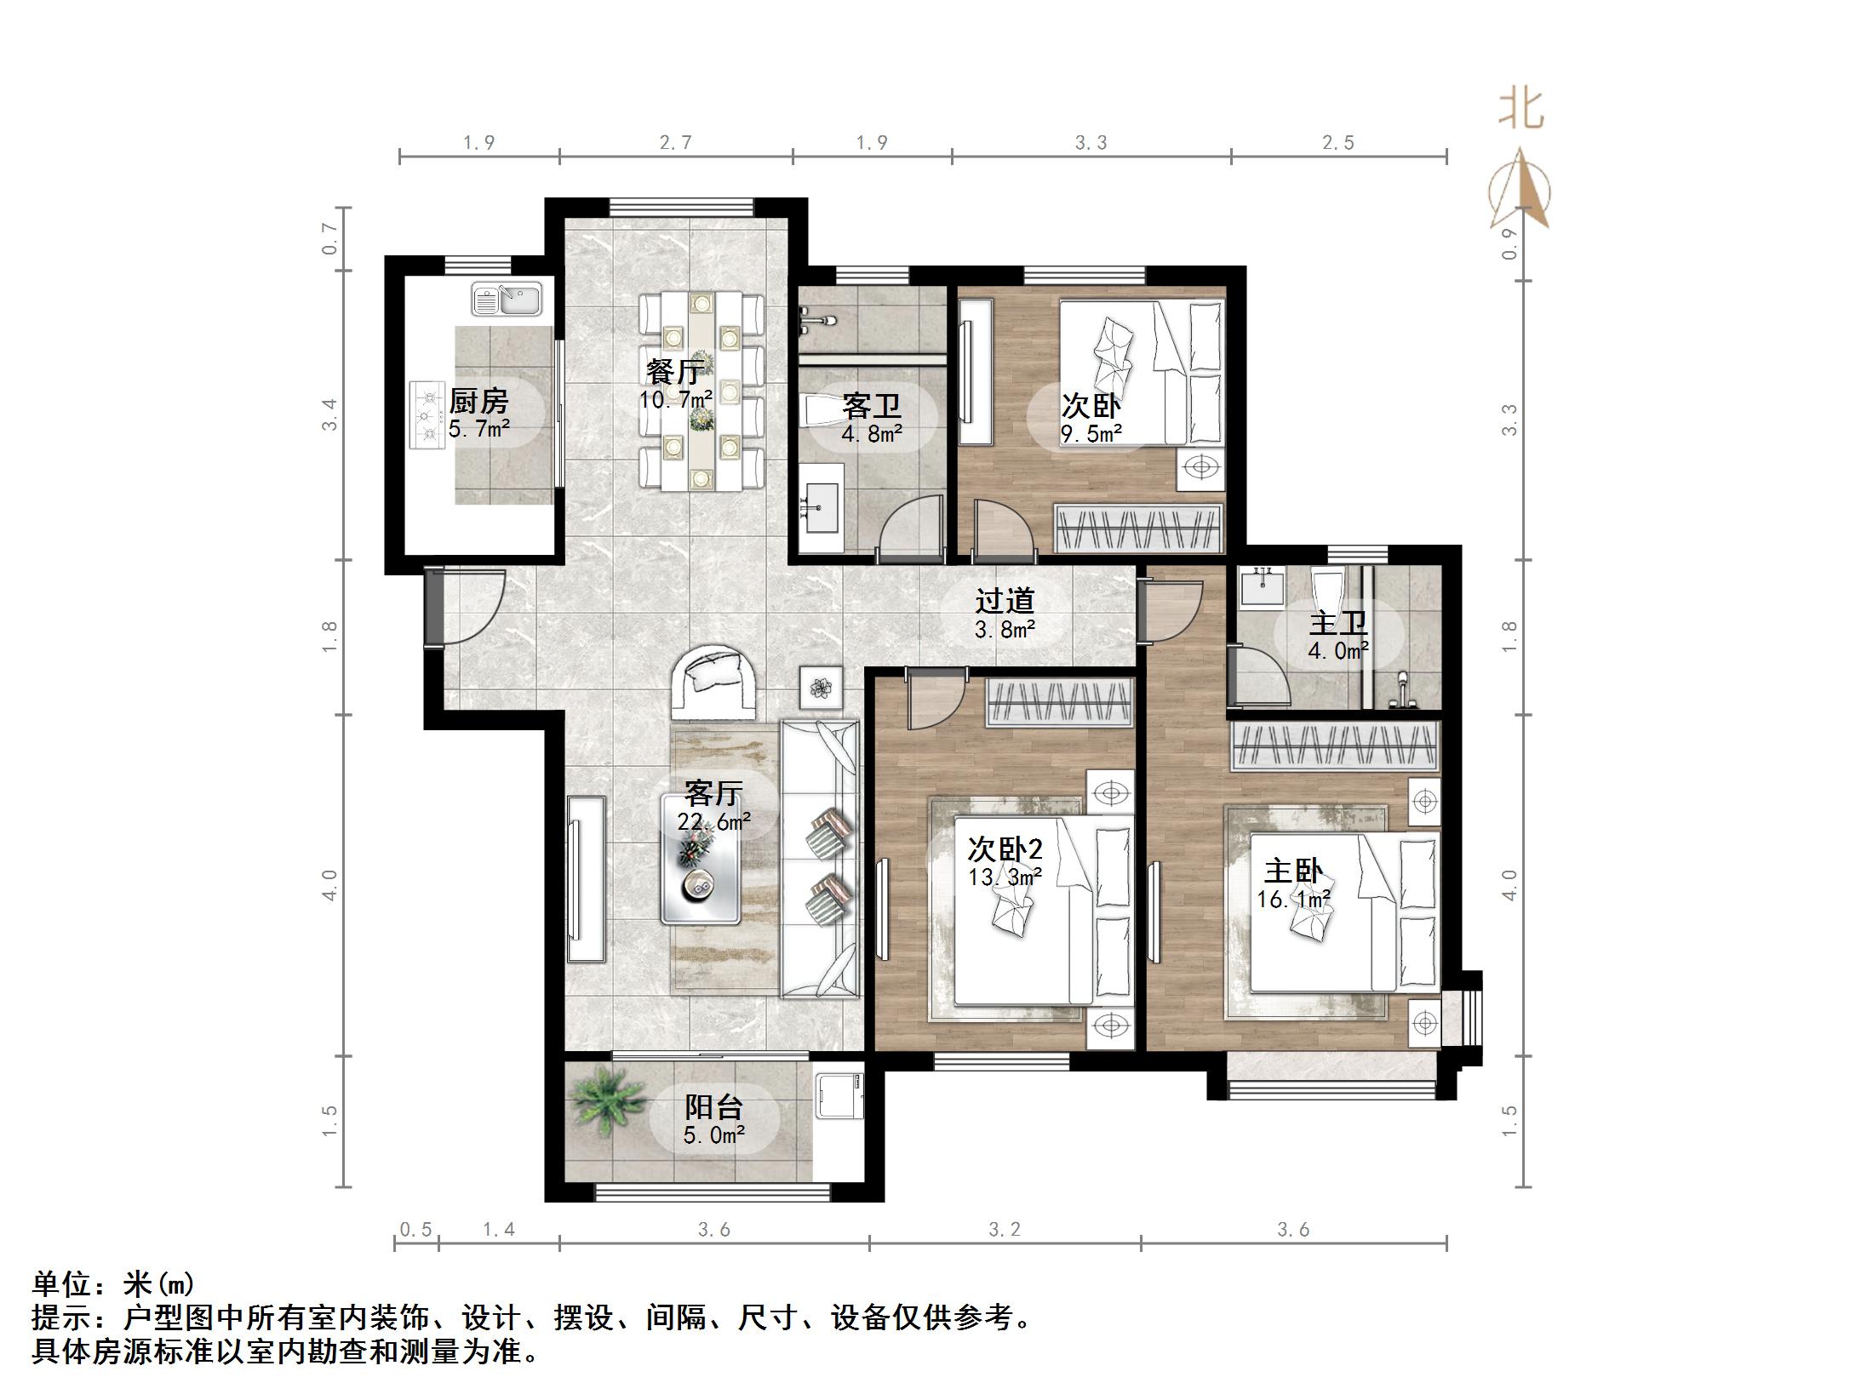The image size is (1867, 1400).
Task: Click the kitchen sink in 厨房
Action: pos(507,300)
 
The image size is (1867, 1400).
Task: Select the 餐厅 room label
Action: pos(674,373)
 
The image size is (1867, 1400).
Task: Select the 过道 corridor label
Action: pos(1005,601)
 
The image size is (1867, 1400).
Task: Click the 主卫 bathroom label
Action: pos(1338,623)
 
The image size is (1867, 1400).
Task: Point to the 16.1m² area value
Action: pos(1294,900)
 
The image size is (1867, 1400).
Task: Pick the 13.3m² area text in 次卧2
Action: pos(1005,877)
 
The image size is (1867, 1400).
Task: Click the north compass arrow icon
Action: pos(1521,191)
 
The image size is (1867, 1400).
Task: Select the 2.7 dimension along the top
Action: pos(675,143)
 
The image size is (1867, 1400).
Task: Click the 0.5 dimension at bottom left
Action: pos(415,1230)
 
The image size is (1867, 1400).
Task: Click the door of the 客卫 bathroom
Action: pos(911,528)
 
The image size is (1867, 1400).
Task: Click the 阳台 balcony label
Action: pos(714,1107)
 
